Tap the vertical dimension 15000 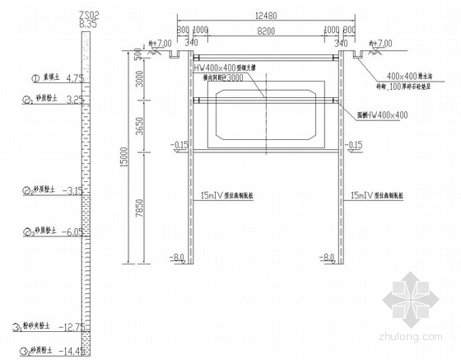click(123, 157)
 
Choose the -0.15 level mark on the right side click(355, 145)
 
